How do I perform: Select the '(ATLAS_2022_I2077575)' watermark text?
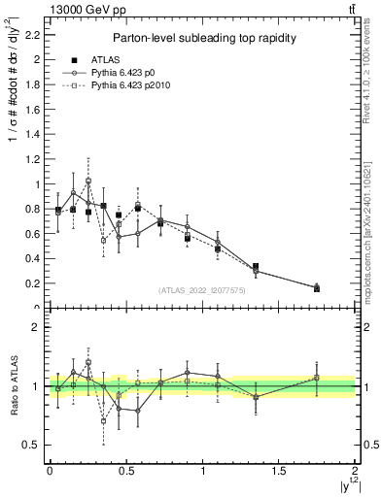point(202,290)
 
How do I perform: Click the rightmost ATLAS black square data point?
point(317,288)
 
